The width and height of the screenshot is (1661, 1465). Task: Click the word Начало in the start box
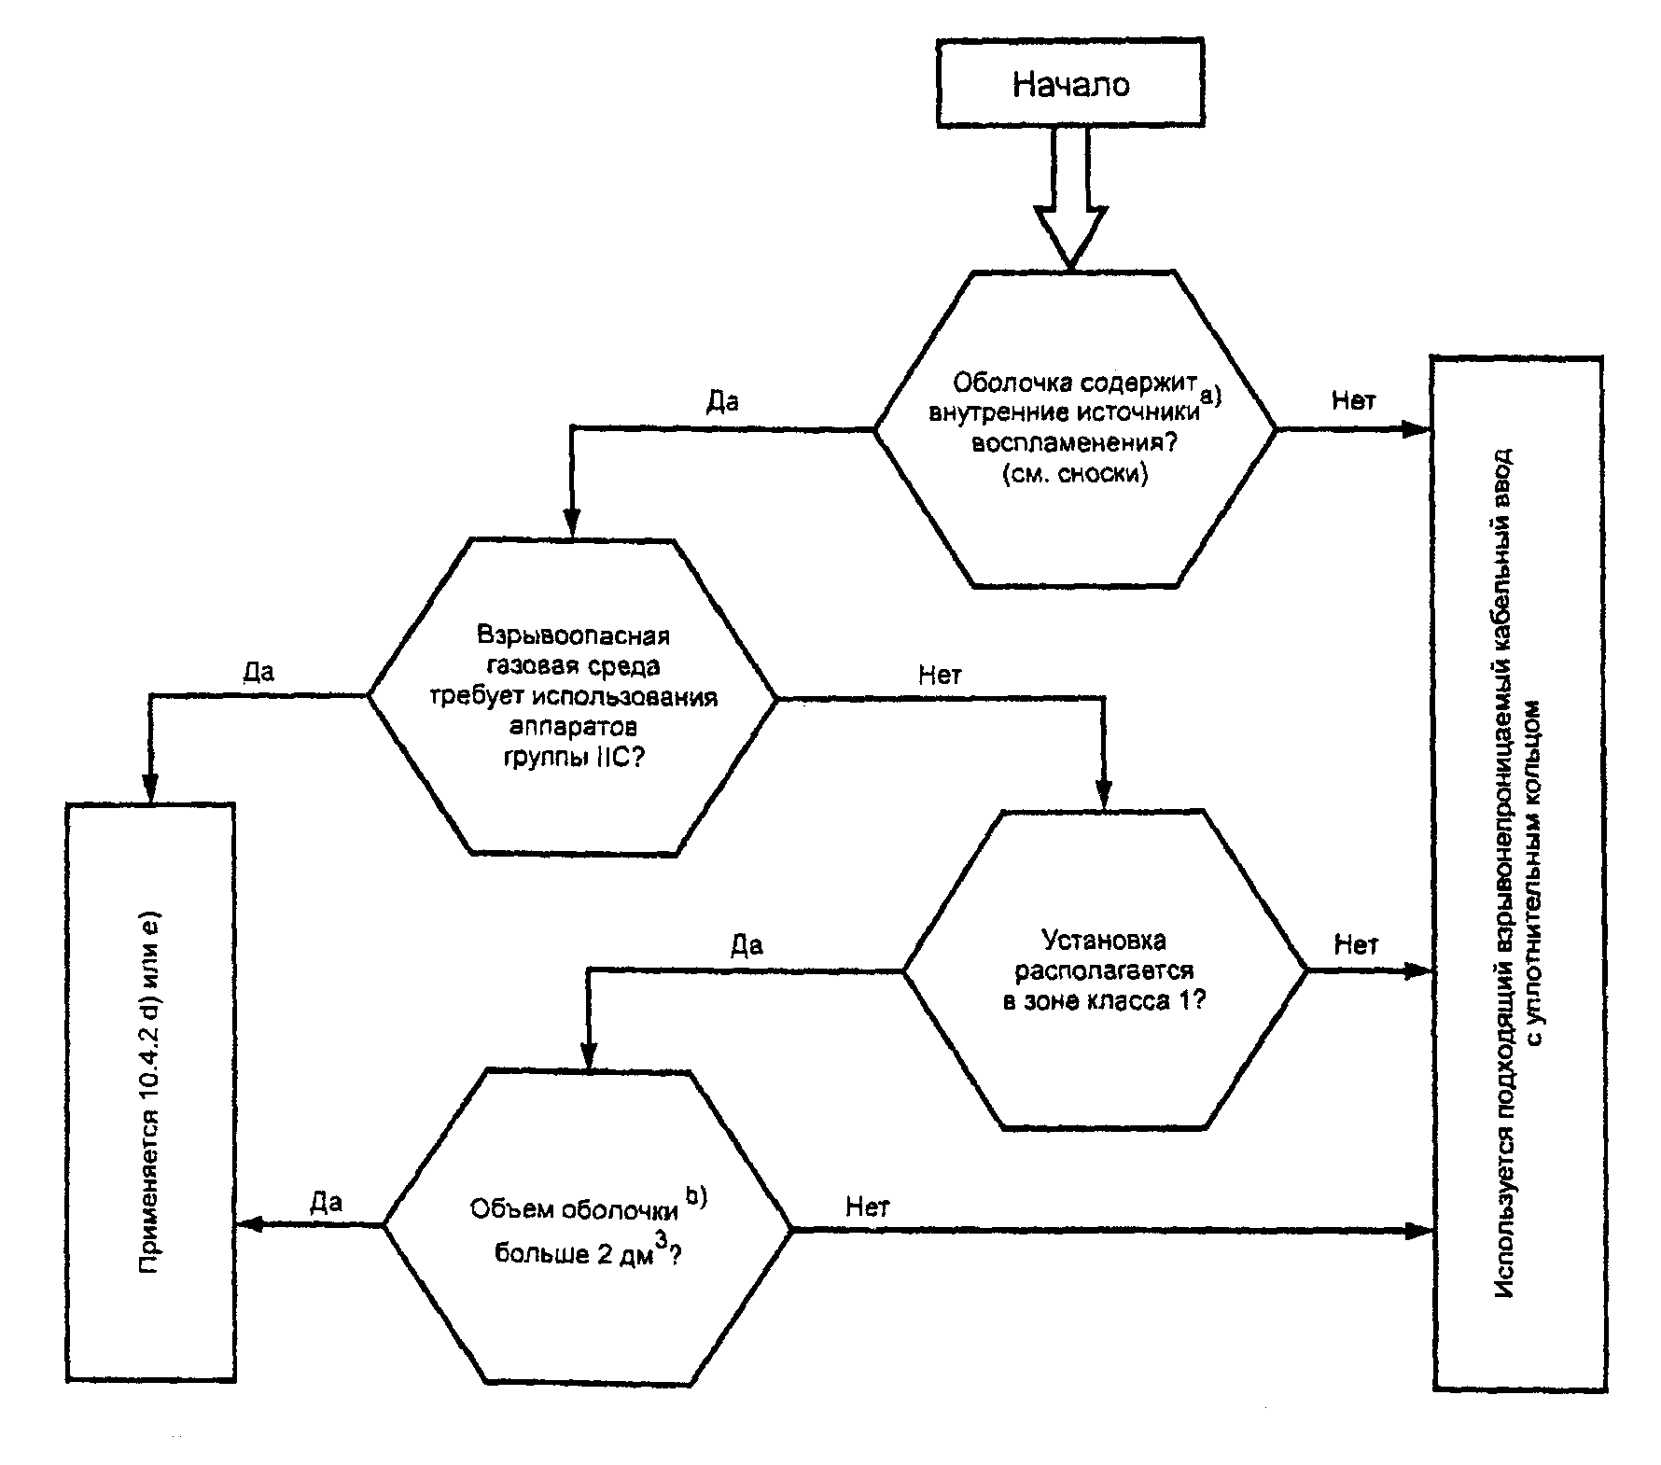pos(1071,85)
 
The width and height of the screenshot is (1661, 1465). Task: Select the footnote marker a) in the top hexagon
pos(1210,396)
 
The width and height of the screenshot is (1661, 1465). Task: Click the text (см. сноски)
pos(1075,474)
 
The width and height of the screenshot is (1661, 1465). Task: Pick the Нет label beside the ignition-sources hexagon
pos(1353,400)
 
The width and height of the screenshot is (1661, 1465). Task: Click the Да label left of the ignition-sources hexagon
pos(722,401)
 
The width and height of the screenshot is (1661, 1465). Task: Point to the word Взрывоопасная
pos(573,636)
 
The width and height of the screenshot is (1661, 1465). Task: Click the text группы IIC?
pos(573,757)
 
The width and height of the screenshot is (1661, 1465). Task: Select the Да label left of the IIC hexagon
pos(258,672)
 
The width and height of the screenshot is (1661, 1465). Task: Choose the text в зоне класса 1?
pos(1104,1001)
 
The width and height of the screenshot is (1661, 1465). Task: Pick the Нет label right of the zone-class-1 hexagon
pos(1356,944)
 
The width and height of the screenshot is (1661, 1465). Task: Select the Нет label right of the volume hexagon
pos(868,1207)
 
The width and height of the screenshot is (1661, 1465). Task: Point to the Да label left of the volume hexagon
pos(326,1202)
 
